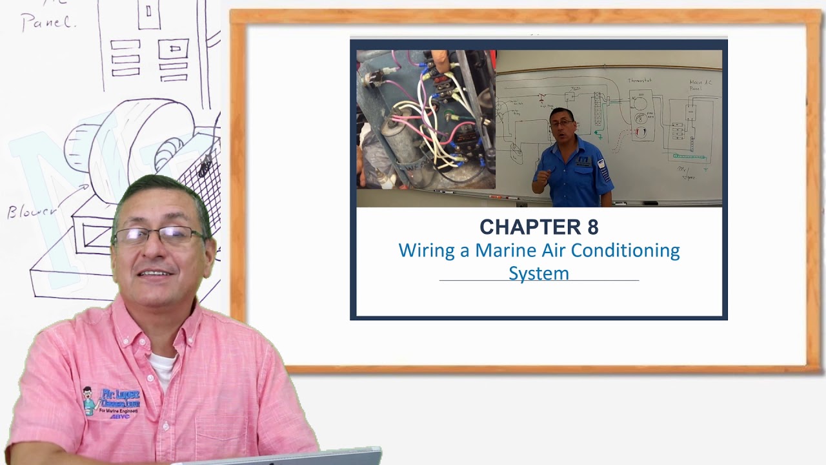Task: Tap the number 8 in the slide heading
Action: [592, 227]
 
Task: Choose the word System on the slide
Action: [539, 273]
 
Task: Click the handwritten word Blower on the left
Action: [32, 211]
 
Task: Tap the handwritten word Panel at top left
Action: [48, 23]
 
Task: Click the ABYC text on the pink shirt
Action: [119, 417]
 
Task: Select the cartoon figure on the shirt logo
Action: [89, 400]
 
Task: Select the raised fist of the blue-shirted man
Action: [541, 176]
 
